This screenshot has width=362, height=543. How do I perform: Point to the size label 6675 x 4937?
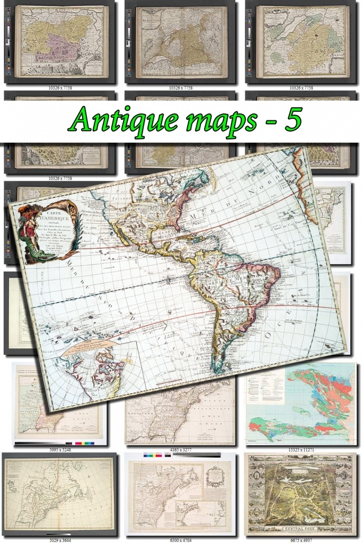(302, 538)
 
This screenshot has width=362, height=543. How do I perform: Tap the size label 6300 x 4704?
(180, 538)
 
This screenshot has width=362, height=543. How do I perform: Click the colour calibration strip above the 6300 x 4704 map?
(180, 456)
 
